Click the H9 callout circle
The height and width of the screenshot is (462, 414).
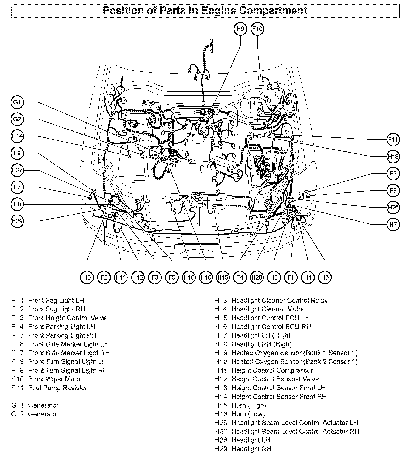pos(240,29)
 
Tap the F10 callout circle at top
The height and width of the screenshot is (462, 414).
pos(257,29)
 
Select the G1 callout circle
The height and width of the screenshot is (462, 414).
pos(17,102)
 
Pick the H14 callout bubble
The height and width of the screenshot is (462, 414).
pos(17,136)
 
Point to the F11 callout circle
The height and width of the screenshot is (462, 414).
pos(393,140)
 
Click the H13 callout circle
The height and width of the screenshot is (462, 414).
pos(393,156)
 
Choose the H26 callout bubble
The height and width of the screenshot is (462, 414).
pos(393,207)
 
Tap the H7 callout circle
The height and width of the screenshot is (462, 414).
pos(393,224)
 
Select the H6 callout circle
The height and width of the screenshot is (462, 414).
pos(87,277)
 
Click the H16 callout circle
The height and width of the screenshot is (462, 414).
pos(189,277)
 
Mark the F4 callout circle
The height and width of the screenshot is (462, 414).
pos(240,277)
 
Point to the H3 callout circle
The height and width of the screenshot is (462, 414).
pos(325,277)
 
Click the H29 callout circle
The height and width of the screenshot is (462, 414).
pos(17,221)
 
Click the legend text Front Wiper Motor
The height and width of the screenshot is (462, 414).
pos(55,379)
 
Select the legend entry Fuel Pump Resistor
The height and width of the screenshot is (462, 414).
pos(57,388)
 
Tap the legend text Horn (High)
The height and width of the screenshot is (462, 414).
pos(249,405)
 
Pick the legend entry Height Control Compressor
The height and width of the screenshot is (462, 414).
pos(272,370)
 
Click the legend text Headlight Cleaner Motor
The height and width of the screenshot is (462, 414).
pos(268,309)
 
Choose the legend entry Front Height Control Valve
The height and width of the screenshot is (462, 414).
pos(67,318)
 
